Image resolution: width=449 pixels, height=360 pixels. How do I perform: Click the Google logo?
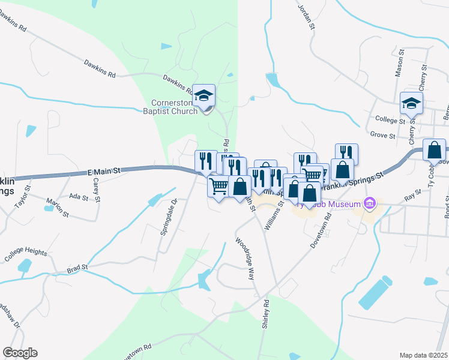pos(20,353)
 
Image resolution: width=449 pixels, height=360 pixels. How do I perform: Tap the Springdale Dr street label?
pos(168,217)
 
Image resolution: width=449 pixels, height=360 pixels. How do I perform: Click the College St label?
pos(390,120)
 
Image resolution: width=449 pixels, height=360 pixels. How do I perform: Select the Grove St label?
pos(382,136)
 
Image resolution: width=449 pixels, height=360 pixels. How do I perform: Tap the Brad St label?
pos(77,267)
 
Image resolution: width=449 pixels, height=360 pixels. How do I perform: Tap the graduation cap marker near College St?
pos(412,104)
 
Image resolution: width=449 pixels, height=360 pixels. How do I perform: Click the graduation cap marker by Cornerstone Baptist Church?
pos(204,95)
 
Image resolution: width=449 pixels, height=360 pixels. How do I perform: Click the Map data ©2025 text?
pos(423,355)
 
